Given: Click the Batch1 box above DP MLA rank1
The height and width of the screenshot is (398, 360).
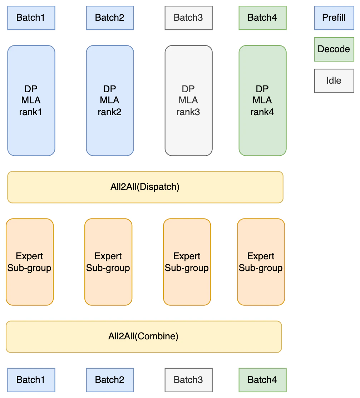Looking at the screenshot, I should point(31,18).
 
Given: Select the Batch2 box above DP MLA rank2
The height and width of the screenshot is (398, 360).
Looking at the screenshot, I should point(110,18).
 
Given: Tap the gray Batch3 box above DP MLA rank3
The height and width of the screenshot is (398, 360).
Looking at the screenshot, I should point(188,18).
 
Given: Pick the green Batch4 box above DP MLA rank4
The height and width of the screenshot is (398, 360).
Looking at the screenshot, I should point(262,18).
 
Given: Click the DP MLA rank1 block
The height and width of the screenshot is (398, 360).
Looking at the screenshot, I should point(31,100).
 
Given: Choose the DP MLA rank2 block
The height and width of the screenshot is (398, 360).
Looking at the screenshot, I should point(110,100).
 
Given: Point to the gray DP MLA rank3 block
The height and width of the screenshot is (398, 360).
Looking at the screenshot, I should point(188,100).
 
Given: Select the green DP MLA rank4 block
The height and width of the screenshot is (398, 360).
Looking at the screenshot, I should point(262,100).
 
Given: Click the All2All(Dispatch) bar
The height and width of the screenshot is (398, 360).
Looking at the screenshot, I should point(145,187).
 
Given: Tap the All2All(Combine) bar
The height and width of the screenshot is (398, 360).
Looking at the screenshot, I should point(144,336).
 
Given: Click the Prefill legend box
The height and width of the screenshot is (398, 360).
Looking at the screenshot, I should point(334,18).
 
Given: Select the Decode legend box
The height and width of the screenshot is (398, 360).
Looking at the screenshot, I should point(334,49).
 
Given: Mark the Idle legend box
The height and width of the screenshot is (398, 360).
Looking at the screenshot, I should point(334,80).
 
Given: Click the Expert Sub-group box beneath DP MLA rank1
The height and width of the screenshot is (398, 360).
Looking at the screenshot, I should point(30,262).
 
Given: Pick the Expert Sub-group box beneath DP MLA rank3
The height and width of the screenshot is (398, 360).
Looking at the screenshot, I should point(187,262).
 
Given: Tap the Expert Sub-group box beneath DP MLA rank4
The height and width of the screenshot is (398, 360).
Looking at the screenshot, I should point(261,262).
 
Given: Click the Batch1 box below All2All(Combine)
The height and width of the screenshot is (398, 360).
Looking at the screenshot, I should point(31,380).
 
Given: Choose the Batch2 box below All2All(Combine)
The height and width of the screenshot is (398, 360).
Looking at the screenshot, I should point(110,380).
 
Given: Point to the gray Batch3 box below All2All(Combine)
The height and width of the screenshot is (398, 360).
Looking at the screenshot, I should point(188,380).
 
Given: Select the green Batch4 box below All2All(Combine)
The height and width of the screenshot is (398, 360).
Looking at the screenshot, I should point(262,380).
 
